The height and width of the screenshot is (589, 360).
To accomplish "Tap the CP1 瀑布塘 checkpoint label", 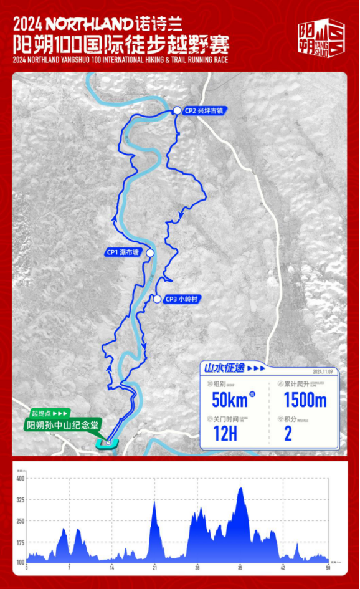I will tap(123, 252).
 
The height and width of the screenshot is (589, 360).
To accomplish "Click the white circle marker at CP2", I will tap(177, 110).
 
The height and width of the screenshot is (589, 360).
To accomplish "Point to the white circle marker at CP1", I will tap(149, 253).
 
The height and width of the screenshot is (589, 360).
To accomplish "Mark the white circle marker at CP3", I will tap(158, 299).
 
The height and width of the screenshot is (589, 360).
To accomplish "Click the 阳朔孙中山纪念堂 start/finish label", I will tap(63, 426).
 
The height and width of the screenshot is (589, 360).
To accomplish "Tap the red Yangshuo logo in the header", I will tap(321, 39).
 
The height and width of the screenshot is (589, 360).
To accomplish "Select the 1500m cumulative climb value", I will tap(305, 399).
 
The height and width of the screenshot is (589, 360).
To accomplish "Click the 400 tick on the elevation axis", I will tap(21, 478).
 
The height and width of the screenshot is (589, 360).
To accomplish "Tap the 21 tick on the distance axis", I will tap(154, 568).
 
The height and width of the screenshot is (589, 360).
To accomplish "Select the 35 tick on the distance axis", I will tap(240, 568).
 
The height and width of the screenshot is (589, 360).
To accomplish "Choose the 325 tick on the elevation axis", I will tap(21, 500).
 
